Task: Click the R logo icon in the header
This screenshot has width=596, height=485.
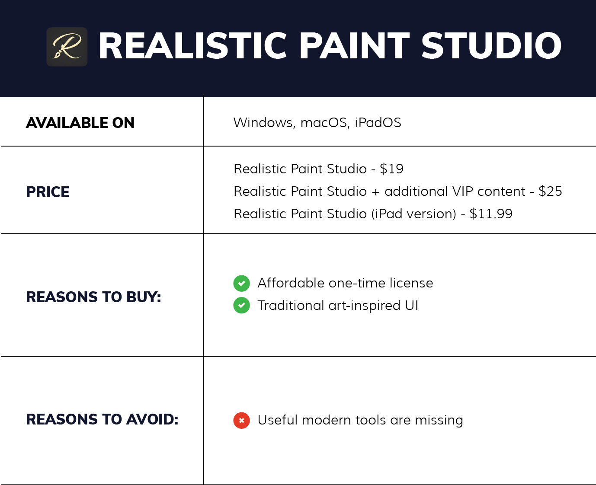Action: [67, 47]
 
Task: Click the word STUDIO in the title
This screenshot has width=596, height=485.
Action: [491, 46]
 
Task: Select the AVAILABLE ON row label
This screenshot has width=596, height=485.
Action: [80, 123]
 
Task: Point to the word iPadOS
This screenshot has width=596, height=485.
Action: [378, 123]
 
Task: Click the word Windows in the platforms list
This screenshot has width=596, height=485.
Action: [264, 123]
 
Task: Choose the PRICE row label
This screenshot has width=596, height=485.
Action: [48, 192]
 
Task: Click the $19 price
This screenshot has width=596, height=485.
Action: [391, 169]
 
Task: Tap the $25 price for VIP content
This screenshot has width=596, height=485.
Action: [550, 191]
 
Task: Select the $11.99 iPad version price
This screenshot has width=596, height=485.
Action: [491, 214]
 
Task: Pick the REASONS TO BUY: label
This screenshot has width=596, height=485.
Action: [93, 297]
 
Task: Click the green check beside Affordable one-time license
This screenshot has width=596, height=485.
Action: [241, 284]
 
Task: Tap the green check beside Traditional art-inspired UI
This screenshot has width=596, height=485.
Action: [241, 306]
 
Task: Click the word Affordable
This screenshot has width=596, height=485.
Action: [291, 283]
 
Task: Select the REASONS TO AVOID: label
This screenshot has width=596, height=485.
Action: [102, 419]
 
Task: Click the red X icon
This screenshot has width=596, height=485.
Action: [241, 420]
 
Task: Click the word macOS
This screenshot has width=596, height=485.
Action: [324, 123]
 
